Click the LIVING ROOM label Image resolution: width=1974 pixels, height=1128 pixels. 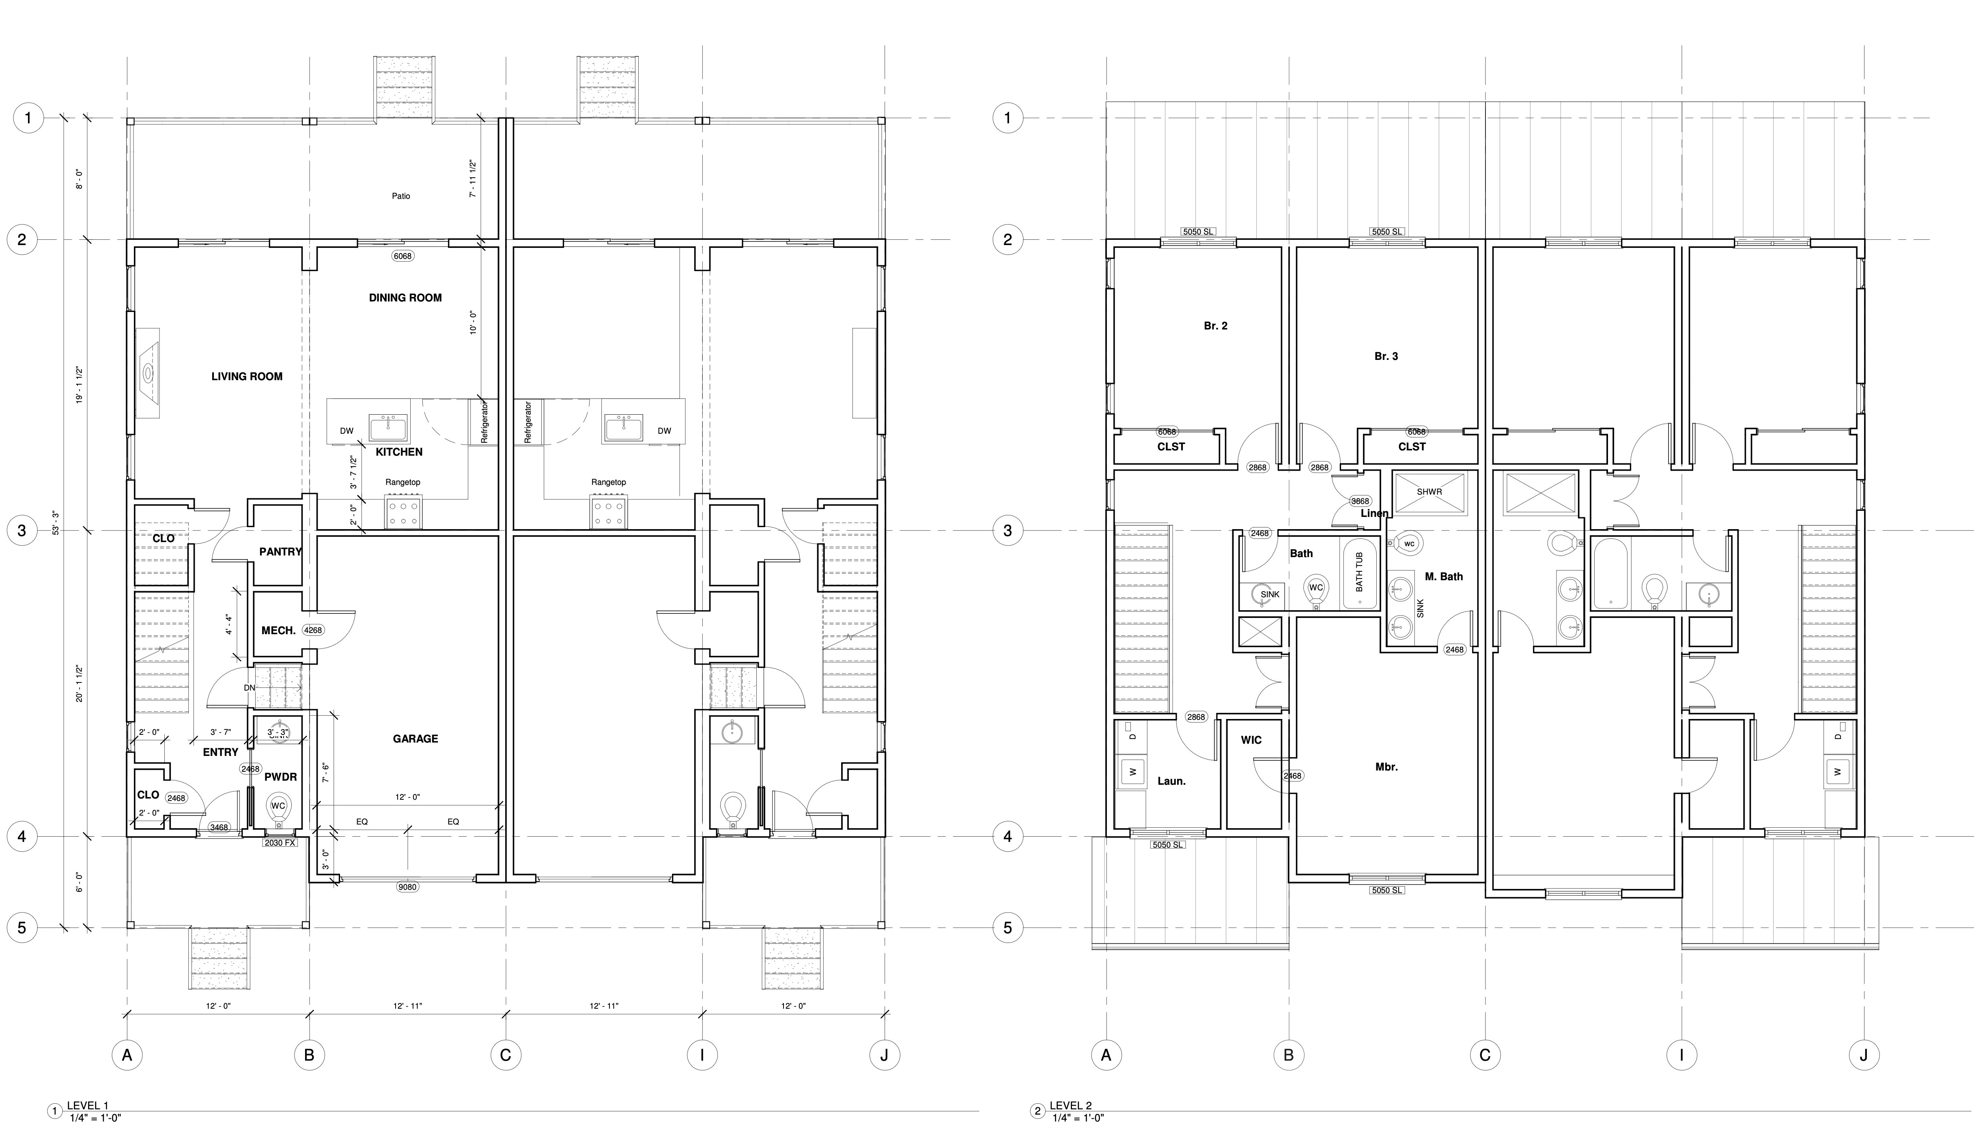point(247,377)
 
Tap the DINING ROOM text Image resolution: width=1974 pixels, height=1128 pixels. point(405,297)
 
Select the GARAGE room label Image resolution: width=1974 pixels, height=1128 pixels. point(415,739)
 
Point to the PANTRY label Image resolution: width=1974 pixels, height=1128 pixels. point(280,551)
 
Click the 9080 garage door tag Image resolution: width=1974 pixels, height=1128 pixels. point(407,887)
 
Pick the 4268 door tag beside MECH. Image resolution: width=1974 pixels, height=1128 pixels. point(313,631)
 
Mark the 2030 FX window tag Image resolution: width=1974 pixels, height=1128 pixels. point(280,843)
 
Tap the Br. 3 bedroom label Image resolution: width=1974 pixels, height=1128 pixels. point(1386,356)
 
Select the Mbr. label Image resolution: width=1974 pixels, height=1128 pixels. point(1387,767)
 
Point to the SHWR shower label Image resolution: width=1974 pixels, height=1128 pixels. point(1429,492)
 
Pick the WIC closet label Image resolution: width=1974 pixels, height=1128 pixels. point(1251,740)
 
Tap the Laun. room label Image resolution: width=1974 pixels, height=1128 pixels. point(1171,781)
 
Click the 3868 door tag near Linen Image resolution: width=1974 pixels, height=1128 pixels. point(1360,501)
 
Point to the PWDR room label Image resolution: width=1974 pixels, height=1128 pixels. point(280,777)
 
